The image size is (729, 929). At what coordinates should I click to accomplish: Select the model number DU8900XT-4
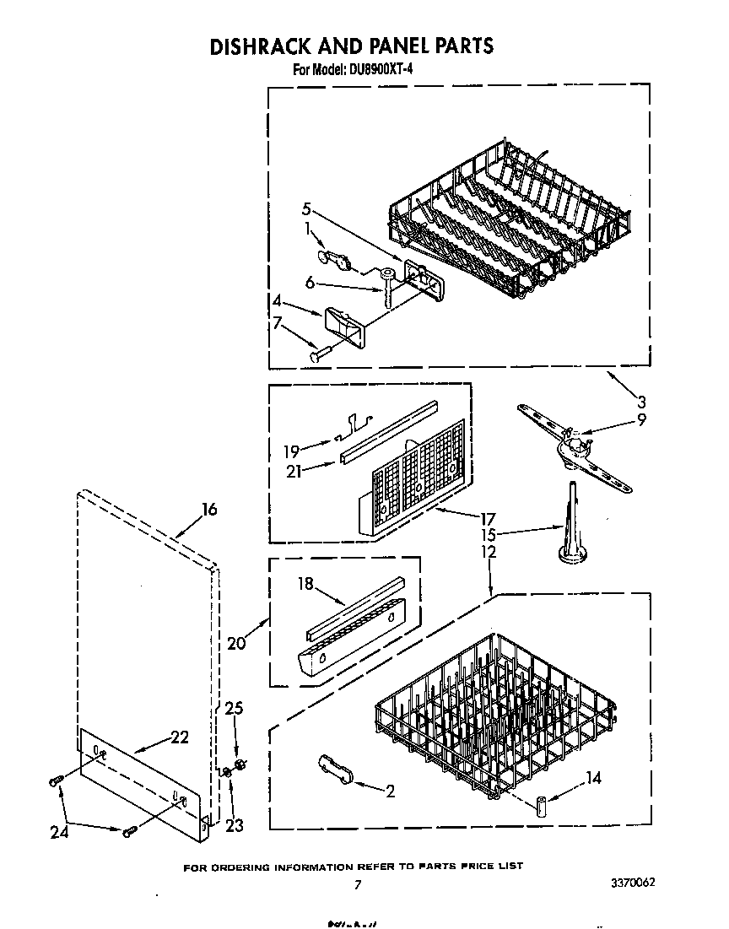376,70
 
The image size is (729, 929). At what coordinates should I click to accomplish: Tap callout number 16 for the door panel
208,509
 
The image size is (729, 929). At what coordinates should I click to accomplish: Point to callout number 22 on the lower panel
179,737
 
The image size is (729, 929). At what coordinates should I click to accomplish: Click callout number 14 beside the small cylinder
593,778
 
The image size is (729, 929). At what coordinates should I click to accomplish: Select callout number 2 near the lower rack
390,791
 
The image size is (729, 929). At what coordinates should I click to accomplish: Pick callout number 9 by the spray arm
641,419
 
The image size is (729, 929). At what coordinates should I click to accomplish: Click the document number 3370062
633,883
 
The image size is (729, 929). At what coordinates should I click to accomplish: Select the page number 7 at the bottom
358,884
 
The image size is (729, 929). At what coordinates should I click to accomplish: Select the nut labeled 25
240,764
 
